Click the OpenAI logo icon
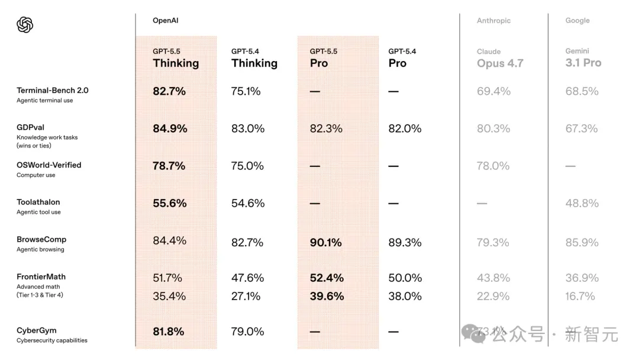(25, 25)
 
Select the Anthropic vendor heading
(493, 21)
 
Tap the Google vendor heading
(577, 21)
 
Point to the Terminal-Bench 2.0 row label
(52, 91)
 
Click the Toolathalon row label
(38, 202)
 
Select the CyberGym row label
(37, 330)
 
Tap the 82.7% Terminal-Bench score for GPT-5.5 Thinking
(169, 91)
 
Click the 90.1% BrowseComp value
(326, 242)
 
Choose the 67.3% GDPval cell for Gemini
(582, 128)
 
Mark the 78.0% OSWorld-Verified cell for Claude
(493, 166)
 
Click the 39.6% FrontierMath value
(327, 296)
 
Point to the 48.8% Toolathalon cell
(582, 203)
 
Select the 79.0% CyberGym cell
(247, 332)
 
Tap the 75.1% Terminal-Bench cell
(246, 91)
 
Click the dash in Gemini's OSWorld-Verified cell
(570, 166)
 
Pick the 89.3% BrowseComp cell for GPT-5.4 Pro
(405, 242)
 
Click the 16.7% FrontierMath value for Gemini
(580, 296)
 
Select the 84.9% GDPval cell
(170, 128)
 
